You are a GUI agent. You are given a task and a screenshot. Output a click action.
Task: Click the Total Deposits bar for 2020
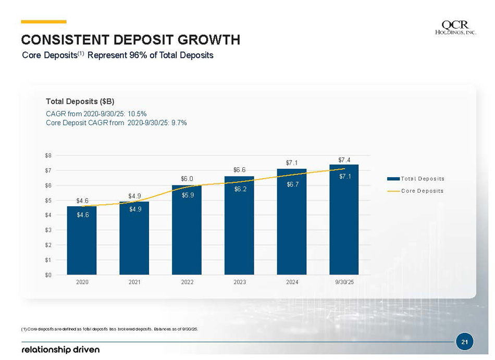82,240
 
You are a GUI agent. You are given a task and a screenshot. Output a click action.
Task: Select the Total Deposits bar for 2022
187,230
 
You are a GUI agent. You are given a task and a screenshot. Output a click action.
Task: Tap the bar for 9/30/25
344,219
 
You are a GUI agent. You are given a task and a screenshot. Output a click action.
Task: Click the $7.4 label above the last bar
344,159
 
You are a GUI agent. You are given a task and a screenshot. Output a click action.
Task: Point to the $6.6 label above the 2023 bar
239,170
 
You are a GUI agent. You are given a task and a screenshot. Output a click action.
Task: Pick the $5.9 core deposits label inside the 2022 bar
187,195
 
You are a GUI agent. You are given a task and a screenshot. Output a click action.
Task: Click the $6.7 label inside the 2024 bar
292,184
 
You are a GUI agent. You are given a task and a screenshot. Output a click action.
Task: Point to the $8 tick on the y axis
48,155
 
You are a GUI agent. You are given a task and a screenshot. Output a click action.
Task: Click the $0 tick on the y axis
48,275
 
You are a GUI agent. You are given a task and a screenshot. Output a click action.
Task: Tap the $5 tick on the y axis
48,200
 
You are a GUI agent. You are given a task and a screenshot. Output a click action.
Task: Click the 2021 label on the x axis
134,282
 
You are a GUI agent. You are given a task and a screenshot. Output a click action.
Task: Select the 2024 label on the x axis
292,282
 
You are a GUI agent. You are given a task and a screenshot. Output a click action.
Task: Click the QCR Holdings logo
455,28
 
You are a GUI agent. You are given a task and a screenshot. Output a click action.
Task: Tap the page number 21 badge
464,342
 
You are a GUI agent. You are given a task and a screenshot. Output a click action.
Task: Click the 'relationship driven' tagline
60,349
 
